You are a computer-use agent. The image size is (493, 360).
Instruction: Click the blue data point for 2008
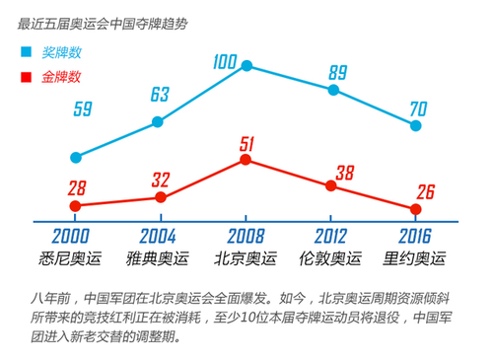click(x=246, y=66)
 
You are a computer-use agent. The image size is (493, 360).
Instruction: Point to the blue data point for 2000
click(x=75, y=157)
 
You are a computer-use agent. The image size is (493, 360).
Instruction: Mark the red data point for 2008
click(x=246, y=159)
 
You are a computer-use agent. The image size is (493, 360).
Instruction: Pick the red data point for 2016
click(x=416, y=209)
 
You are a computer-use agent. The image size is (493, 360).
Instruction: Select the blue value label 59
click(x=83, y=109)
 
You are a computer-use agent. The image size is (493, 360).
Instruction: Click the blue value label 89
click(x=337, y=71)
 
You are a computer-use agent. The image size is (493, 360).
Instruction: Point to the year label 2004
click(x=157, y=237)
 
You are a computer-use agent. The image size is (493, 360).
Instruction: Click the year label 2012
click(x=331, y=237)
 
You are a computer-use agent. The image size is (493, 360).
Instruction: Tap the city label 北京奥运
click(x=246, y=259)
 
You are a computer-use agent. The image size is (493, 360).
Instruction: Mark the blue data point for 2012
click(x=333, y=90)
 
